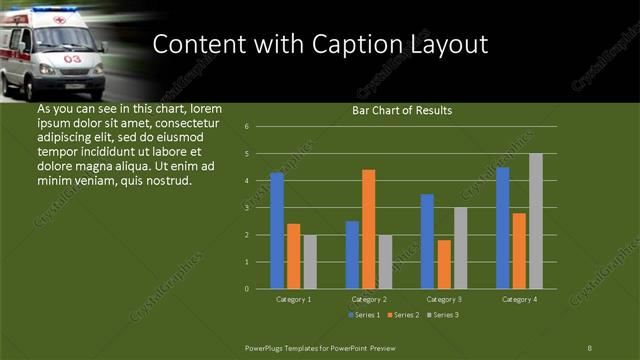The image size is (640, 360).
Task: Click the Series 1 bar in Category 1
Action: point(277,230)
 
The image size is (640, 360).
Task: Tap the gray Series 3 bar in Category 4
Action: point(536,221)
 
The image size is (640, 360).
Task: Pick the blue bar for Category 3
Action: point(427,241)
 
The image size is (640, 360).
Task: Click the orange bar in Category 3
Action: point(444,264)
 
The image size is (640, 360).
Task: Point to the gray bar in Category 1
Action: point(310,261)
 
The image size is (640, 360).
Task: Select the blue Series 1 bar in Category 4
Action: point(503,227)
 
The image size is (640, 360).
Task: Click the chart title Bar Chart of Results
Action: point(402,111)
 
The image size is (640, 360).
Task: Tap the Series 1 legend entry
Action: point(363,315)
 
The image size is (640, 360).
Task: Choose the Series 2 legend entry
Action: point(402,315)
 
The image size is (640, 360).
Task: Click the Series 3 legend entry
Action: point(441,315)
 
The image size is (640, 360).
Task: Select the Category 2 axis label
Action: point(369,299)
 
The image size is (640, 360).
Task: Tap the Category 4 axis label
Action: point(519,299)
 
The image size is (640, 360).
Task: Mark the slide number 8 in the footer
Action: point(590,347)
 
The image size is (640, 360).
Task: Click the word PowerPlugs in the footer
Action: point(271,347)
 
